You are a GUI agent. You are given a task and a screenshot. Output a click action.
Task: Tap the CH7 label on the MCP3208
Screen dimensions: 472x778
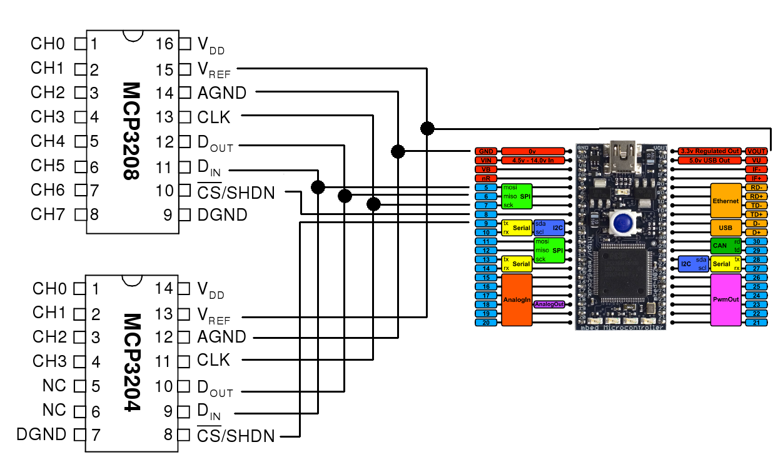(x=48, y=214)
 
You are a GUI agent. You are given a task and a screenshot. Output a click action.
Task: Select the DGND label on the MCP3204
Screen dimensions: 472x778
(x=42, y=434)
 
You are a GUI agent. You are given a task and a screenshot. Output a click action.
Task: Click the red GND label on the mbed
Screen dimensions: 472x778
(x=485, y=151)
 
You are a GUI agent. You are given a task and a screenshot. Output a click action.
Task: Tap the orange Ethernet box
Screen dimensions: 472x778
(x=725, y=201)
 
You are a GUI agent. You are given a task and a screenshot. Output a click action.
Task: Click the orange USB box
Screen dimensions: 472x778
(x=725, y=228)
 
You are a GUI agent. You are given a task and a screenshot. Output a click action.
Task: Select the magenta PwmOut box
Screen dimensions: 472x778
(x=725, y=299)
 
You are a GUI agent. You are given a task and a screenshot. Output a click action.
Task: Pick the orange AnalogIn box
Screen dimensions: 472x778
(x=517, y=299)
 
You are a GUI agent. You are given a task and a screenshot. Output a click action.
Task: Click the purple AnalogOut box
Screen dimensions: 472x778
(x=549, y=304)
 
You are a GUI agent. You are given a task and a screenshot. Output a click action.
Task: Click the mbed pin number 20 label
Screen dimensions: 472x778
(x=485, y=323)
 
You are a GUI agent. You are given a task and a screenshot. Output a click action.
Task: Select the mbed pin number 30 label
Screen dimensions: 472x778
(x=756, y=241)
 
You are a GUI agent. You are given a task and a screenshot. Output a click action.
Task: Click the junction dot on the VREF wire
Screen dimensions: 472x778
(x=427, y=128)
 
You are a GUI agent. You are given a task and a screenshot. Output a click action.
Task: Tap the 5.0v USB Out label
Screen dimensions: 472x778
(x=709, y=161)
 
